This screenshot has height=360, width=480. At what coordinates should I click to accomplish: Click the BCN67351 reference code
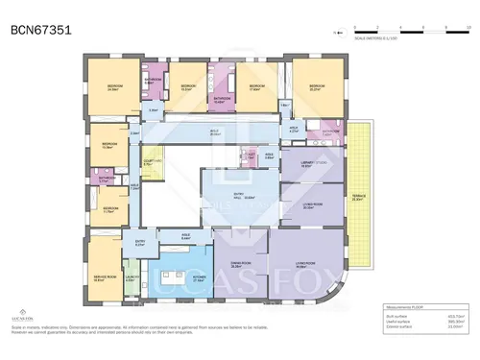[x=42, y=30]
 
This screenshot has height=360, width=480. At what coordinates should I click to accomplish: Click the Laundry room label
[x=132, y=278]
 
